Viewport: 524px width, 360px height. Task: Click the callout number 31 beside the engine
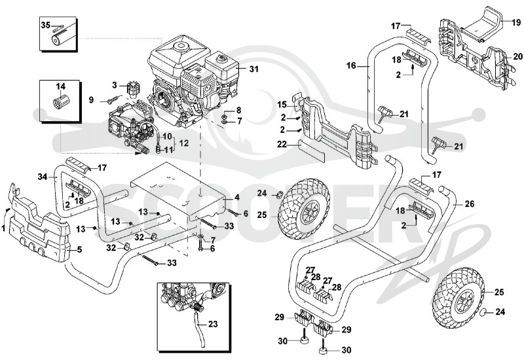click(x=254, y=69)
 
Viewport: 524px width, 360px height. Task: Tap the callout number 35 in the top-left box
click(x=46, y=25)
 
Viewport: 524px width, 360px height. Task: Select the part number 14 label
click(x=60, y=87)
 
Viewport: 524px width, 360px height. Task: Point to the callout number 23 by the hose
click(x=213, y=324)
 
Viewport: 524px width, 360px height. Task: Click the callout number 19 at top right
click(x=516, y=22)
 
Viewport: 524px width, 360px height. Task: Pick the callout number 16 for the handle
click(x=351, y=65)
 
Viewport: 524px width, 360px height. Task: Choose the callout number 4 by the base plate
click(x=237, y=198)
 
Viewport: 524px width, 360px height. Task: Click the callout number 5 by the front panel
click(x=79, y=249)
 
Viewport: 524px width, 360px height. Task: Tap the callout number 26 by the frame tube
click(x=470, y=204)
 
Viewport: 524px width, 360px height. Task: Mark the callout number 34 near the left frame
click(x=43, y=177)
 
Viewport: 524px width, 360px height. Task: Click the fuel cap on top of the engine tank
click(x=220, y=58)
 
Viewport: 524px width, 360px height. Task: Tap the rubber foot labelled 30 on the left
click(x=305, y=340)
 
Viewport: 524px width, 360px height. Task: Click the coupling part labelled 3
click(x=133, y=88)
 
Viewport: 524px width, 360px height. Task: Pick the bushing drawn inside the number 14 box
click(x=60, y=101)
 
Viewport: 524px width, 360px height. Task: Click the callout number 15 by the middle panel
click(x=282, y=105)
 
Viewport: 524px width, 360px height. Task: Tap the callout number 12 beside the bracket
click(x=184, y=143)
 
